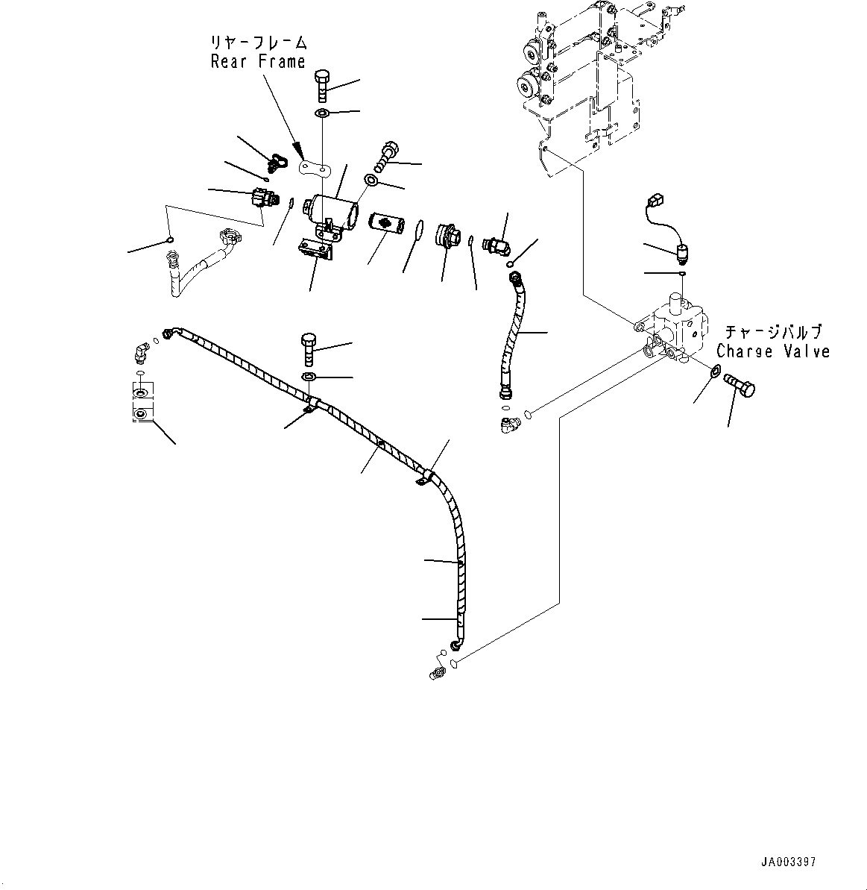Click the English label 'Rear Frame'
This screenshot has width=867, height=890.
pos(258,62)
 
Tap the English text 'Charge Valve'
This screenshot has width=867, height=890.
pos(773,351)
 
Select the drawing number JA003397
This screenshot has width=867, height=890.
pos(788,862)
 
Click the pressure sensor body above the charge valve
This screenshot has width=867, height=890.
pos(681,254)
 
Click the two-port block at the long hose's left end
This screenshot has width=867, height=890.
pos(141,402)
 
